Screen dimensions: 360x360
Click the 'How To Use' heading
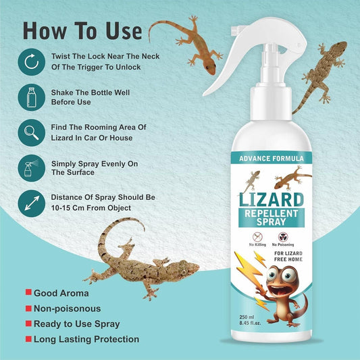click(83, 31)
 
